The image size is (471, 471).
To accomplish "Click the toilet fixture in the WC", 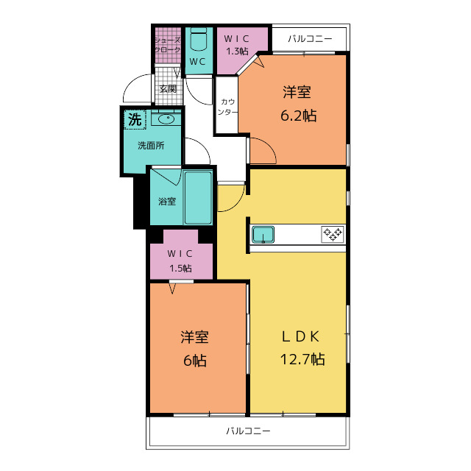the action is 199,39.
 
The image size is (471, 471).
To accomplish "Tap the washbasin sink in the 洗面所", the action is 166,119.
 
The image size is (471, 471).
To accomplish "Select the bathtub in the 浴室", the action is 198,198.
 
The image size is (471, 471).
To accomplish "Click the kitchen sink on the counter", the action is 263,234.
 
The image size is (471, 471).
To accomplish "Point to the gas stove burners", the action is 333,234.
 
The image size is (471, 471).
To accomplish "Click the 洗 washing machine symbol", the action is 135,119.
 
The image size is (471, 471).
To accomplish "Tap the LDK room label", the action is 301,337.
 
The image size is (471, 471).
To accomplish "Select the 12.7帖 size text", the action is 302,359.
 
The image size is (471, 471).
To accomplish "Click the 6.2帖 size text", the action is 298,116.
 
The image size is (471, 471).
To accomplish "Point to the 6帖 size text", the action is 195,360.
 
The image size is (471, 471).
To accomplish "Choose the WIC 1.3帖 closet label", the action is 237,45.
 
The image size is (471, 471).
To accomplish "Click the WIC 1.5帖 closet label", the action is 180,261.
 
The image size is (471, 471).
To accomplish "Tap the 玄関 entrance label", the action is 168,89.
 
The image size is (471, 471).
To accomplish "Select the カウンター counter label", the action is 227,107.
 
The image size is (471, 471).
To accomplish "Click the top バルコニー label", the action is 310,39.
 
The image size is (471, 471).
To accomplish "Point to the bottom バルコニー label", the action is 248,431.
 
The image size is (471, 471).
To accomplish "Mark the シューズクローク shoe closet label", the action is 167,45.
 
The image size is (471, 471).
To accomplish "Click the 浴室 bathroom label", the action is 167,201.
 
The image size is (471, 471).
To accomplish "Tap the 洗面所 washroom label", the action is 151,146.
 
